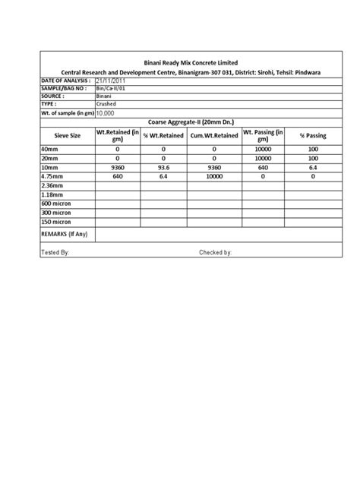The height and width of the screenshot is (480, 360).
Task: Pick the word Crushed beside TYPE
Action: [106, 105]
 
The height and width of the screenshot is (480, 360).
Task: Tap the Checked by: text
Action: [216, 252]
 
